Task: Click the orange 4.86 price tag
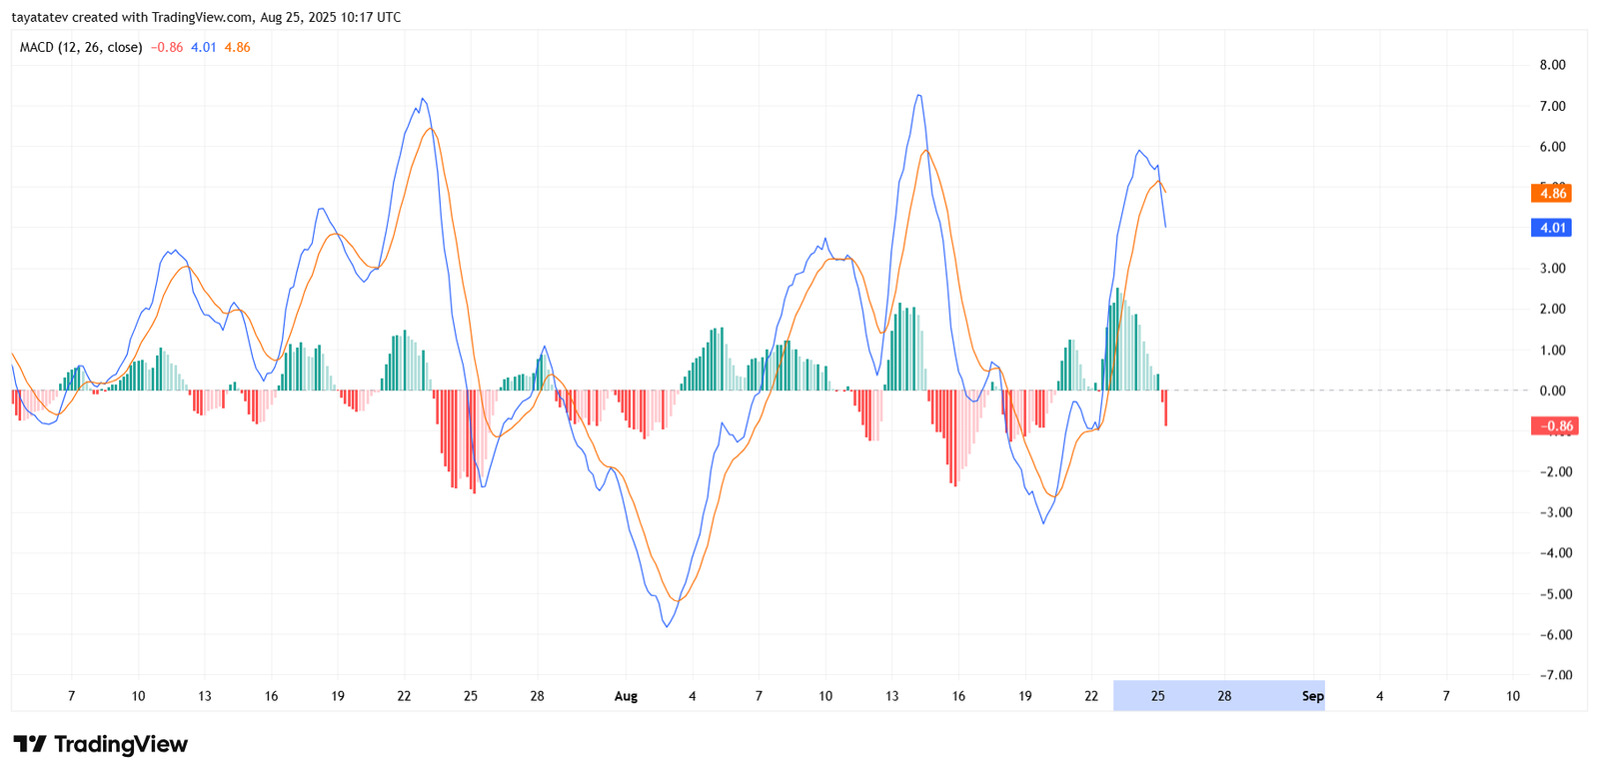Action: (x=1551, y=194)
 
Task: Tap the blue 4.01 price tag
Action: (x=1551, y=228)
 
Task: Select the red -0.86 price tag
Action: (x=1554, y=426)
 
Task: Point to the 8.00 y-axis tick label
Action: (x=1552, y=65)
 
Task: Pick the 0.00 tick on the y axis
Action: (x=1552, y=390)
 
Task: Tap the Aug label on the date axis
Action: (x=626, y=696)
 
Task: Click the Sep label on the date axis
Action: (x=1312, y=696)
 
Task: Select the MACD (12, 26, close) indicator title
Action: (x=81, y=47)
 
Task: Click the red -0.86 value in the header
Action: (x=167, y=47)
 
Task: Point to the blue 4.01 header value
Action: (x=204, y=47)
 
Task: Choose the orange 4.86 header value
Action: (x=237, y=47)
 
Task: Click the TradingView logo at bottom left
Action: (x=100, y=744)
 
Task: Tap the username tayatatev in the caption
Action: (x=40, y=17)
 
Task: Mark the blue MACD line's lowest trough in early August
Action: (x=667, y=626)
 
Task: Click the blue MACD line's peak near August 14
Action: (x=917, y=96)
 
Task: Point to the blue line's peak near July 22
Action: (x=423, y=99)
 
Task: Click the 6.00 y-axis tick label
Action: (x=1552, y=147)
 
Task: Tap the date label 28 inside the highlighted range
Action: (x=1224, y=696)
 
